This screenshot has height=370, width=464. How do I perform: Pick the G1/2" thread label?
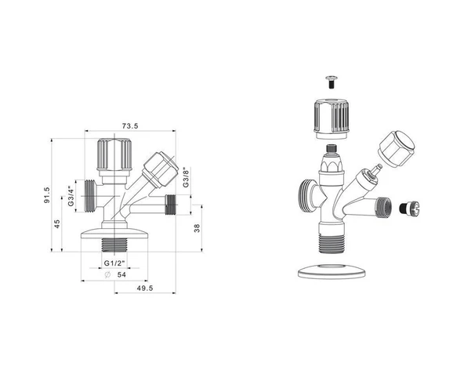114,262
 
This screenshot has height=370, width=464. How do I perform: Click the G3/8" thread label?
186,178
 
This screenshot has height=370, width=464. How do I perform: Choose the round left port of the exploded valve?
307,194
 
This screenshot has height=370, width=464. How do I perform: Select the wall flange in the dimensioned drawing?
114,233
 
